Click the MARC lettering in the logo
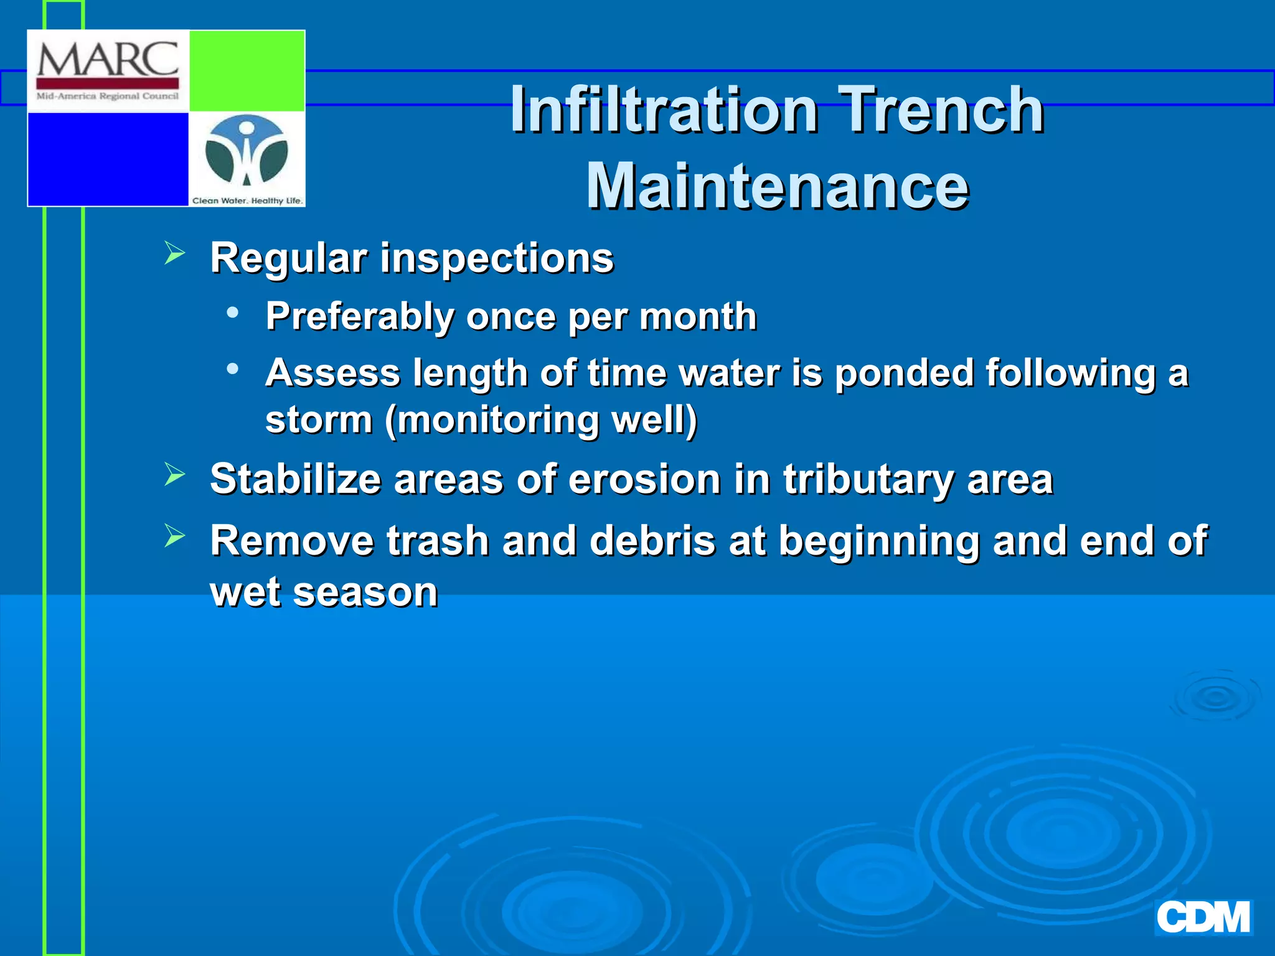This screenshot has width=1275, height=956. pos(108,60)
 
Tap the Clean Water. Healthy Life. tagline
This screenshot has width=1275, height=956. pos(247,200)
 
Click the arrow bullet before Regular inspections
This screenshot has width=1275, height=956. pos(175,253)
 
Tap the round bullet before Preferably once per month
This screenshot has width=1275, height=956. pos(233,312)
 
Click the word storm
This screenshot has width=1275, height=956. pos(319,419)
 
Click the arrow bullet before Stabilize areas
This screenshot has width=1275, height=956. pos(175,475)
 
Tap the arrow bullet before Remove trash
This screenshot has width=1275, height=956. pos(175,536)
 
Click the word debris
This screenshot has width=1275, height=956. pos(652,540)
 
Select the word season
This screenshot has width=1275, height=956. pos(365,592)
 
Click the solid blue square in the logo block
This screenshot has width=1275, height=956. pos(108,159)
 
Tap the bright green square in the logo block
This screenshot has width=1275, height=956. pos(247,71)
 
